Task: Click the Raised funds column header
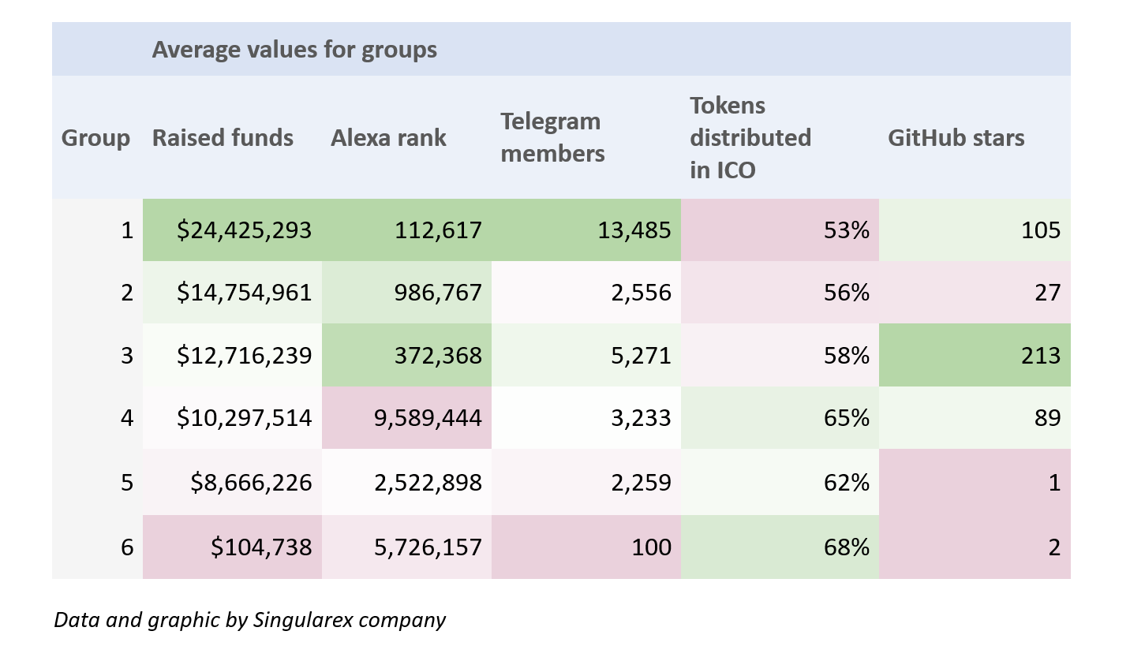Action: [x=223, y=138]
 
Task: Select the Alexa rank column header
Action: [x=388, y=138]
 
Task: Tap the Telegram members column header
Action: [x=552, y=137]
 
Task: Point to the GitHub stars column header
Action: [x=956, y=138]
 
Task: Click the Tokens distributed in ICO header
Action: [x=750, y=138]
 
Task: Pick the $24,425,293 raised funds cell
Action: [x=245, y=230]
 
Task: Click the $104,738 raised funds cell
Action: [x=262, y=547]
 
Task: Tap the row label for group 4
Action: [x=127, y=418]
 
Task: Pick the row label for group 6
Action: [x=127, y=547]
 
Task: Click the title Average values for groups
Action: [x=294, y=50]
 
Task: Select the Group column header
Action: [x=95, y=138]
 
